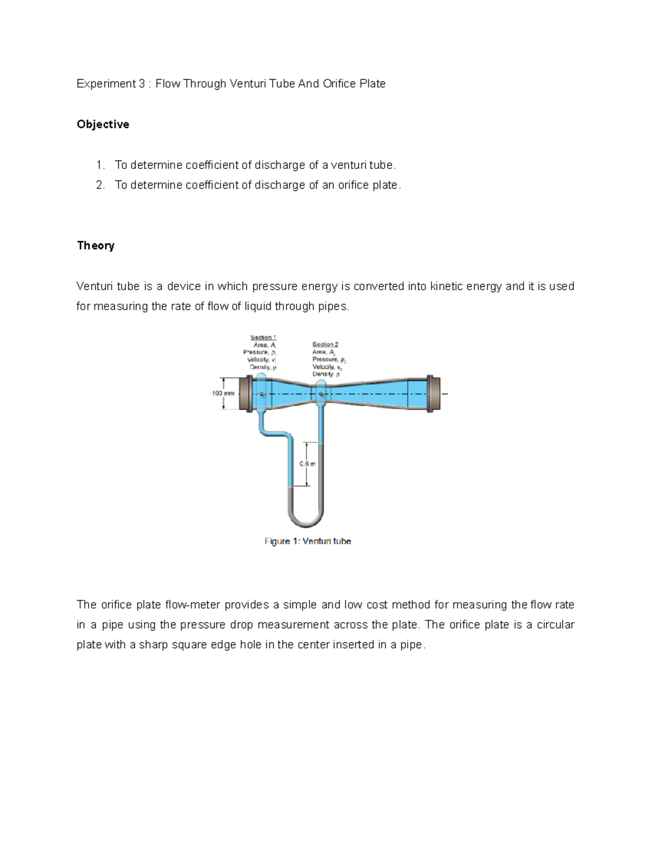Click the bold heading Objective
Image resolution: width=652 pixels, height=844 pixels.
click(x=103, y=124)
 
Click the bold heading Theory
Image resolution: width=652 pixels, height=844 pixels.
click(x=96, y=246)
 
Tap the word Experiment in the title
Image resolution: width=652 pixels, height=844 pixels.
click(x=106, y=84)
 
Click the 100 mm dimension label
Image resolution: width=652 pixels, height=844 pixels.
click(x=223, y=393)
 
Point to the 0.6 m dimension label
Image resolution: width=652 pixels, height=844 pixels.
click(x=308, y=464)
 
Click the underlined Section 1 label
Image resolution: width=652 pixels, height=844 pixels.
click(x=263, y=337)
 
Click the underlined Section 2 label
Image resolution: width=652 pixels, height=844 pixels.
click(x=325, y=345)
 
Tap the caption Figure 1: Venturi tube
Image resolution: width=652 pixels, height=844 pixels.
click(x=308, y=541)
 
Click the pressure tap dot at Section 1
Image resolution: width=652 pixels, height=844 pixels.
click(x=261, y=393)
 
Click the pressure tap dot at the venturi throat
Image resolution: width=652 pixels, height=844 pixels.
click(x=321, y=393)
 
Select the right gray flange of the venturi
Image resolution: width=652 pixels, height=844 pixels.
click(x=430, y=393)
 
